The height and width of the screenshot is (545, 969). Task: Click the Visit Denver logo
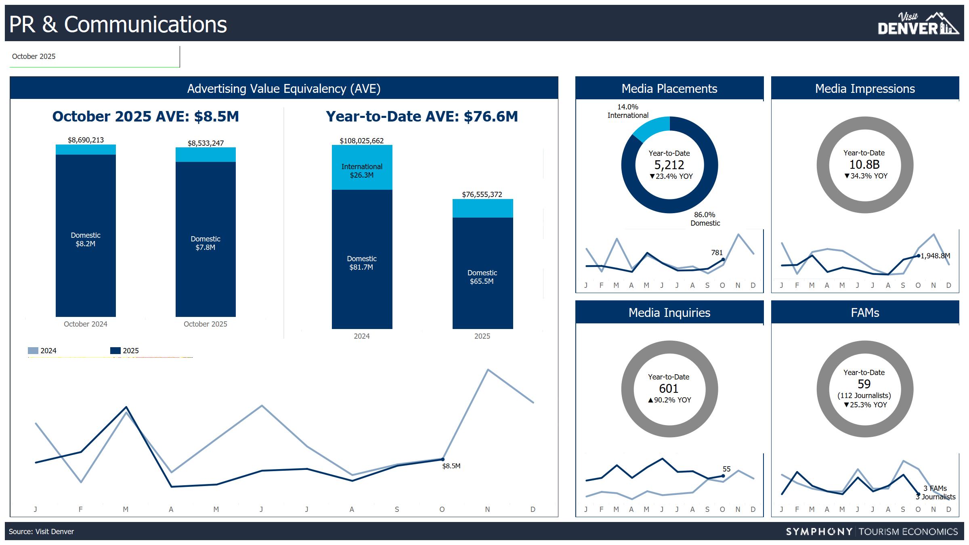click(917, 24)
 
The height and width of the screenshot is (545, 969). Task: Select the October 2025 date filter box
click(94, 57)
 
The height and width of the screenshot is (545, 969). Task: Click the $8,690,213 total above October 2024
click(86, 140)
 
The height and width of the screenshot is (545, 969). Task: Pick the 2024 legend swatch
click(33, 351)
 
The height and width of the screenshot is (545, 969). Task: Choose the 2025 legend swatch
click(115, 351)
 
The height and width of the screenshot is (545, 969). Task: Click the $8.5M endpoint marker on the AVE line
click(443, 459)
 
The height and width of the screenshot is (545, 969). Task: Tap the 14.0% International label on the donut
click(628, 111)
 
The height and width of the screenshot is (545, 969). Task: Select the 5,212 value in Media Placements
click(669, 165)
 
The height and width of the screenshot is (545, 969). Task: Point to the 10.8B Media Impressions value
click(864, 165)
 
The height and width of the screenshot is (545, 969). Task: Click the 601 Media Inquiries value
click(669, 389)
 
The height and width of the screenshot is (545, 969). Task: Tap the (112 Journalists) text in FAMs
click(864, 396)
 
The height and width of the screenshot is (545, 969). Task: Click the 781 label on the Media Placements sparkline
click(717, 253)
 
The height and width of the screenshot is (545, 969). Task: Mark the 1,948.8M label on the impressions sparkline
click(935, 256)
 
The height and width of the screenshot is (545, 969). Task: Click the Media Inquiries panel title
click(669, 313)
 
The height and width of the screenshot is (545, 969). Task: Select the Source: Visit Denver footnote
click(42, 532)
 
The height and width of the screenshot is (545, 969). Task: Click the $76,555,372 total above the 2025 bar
click(482, 195)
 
